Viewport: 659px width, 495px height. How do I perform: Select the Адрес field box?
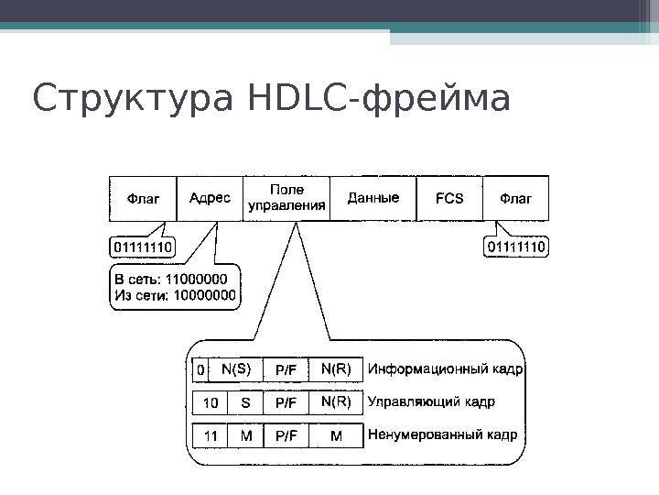[210, 197]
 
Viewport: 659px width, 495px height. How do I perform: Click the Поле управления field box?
[286, 197]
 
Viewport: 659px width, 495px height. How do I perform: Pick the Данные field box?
[373, 197]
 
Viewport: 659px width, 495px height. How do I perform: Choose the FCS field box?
[448, 197]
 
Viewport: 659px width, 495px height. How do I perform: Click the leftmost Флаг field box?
[143, 197]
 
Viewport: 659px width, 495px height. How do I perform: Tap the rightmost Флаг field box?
[515, 197]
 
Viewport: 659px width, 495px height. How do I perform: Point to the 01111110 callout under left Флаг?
[146, 247]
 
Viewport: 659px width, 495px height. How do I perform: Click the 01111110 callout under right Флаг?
[515, 247]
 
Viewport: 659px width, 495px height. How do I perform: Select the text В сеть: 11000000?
[172, 280]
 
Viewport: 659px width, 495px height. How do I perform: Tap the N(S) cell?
[236, 369]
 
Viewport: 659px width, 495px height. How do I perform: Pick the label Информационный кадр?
[446, 370]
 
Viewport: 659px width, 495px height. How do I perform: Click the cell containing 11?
[211, 435]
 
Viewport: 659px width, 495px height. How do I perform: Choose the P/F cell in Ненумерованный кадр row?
[286, 435]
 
